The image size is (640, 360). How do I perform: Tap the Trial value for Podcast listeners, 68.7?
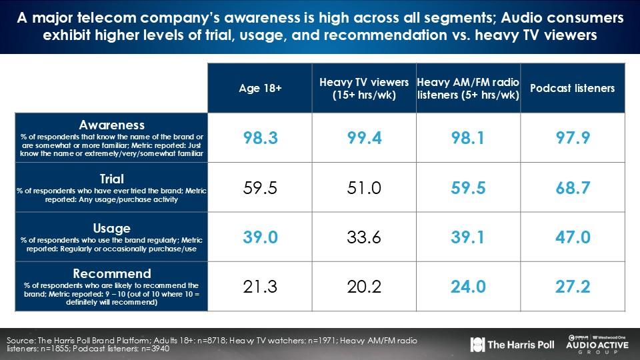(x=572, y=188)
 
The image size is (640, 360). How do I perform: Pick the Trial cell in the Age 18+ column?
(x=259, y=188)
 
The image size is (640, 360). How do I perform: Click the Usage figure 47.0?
(x=572, y=237)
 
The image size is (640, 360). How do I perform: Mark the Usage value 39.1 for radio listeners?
(x=467, y=237)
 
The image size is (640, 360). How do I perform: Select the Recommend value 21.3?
(x=259, y=287)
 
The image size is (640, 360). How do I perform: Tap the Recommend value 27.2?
(x=572, y=287)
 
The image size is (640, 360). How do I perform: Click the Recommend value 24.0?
(x=467, y=287)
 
